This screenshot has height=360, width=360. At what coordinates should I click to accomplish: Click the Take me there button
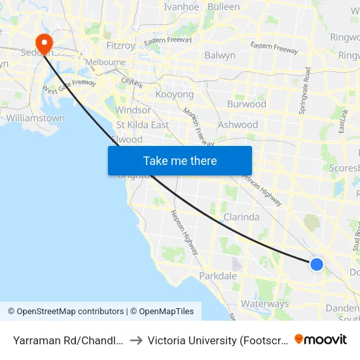tap(180, 160)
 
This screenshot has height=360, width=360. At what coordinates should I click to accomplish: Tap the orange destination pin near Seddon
tap(45, 43)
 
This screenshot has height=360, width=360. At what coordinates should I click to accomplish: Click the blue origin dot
tap(316, 264)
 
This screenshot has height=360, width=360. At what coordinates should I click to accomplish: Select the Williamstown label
tap(35, 118)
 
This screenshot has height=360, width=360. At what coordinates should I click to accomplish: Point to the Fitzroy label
tap(120, 46)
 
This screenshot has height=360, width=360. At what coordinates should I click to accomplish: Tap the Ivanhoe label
tap(181, 7)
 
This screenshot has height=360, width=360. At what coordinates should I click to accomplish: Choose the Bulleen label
tap(224, 7)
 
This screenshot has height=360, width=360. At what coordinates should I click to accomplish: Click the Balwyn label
tap(220, 56)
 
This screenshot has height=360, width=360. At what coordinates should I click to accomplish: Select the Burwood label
tap(246, 104)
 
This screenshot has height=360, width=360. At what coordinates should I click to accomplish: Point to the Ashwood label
tap(238, 124)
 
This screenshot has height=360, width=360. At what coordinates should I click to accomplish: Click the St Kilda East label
tap(142, 124)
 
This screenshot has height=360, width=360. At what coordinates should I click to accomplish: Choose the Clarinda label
tap(242, 217)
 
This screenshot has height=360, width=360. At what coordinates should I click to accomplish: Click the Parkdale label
tap(218, 276)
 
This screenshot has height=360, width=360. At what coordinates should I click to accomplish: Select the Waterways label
tap(264, 304)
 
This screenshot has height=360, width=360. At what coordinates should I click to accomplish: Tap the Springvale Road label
tap(306, 90)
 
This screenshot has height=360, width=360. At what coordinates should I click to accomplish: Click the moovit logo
tap(321, 340)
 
